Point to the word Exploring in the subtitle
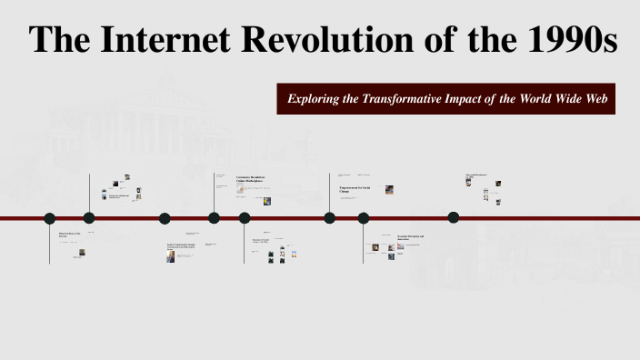[314, 98]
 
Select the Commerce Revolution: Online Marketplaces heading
[255, 179]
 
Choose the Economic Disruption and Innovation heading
[410, 238]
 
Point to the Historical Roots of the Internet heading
[69, 235]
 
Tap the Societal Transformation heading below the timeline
[181, 245]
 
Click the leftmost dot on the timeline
[50, 218]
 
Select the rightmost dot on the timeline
[454, 217]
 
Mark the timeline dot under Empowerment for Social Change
[330, 218]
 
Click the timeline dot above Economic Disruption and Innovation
[364, 218]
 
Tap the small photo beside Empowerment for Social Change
[389, 190]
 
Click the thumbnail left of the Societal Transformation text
[170, 257]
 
